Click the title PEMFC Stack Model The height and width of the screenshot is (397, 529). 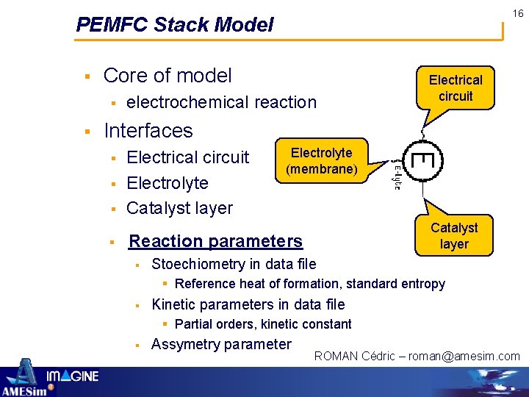pos(175,25)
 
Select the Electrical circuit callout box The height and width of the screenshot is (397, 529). pos(456,88)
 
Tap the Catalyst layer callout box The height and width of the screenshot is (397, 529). pos(454,236)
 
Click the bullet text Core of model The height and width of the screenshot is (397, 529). pos(168,76)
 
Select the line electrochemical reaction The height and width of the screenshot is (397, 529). pos(221,102)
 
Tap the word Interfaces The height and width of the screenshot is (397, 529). pos(148,131)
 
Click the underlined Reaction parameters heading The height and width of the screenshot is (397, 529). pos(215,241)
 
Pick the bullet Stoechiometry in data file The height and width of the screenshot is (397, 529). pos(234,264)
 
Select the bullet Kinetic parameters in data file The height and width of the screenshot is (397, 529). pos(248,304)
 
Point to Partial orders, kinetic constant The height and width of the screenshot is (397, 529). pos(263,324)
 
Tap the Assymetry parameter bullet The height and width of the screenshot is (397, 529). pos(221,344)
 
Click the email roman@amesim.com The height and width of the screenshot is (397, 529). pos(464,357)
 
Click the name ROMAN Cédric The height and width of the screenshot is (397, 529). pos(356,357)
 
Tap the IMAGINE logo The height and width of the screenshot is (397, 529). pos(73,377)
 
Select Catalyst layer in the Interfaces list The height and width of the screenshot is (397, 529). pos(179,208)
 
